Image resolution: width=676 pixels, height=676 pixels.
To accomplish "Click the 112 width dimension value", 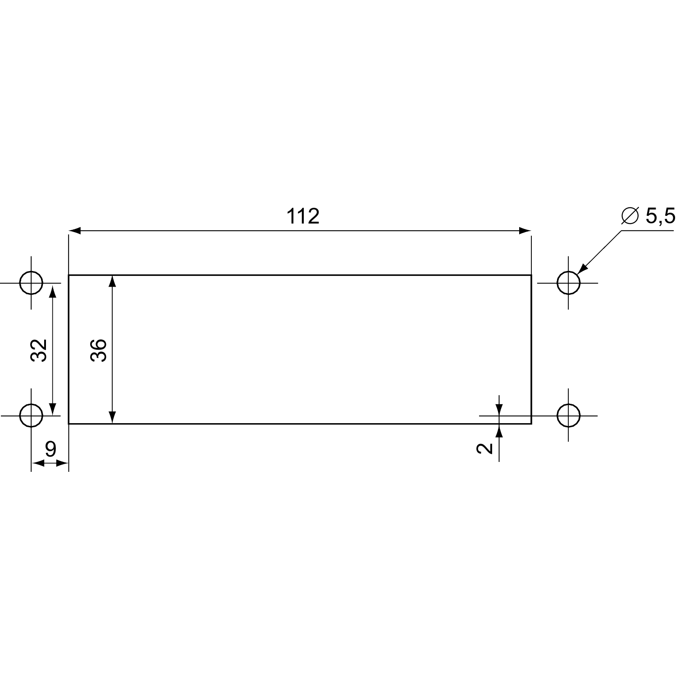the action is point(303,217).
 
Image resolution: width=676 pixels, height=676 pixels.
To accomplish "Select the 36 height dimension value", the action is point(99,350).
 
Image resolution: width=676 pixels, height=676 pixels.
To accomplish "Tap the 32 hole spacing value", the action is point(39,350).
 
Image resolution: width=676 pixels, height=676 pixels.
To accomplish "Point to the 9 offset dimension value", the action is point(50,449).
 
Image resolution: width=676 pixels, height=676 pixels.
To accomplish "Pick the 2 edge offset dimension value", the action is point(485,448).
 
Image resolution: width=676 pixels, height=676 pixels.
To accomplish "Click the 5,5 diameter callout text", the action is point(661,216).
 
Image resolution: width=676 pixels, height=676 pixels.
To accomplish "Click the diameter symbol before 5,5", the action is point(630,216).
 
